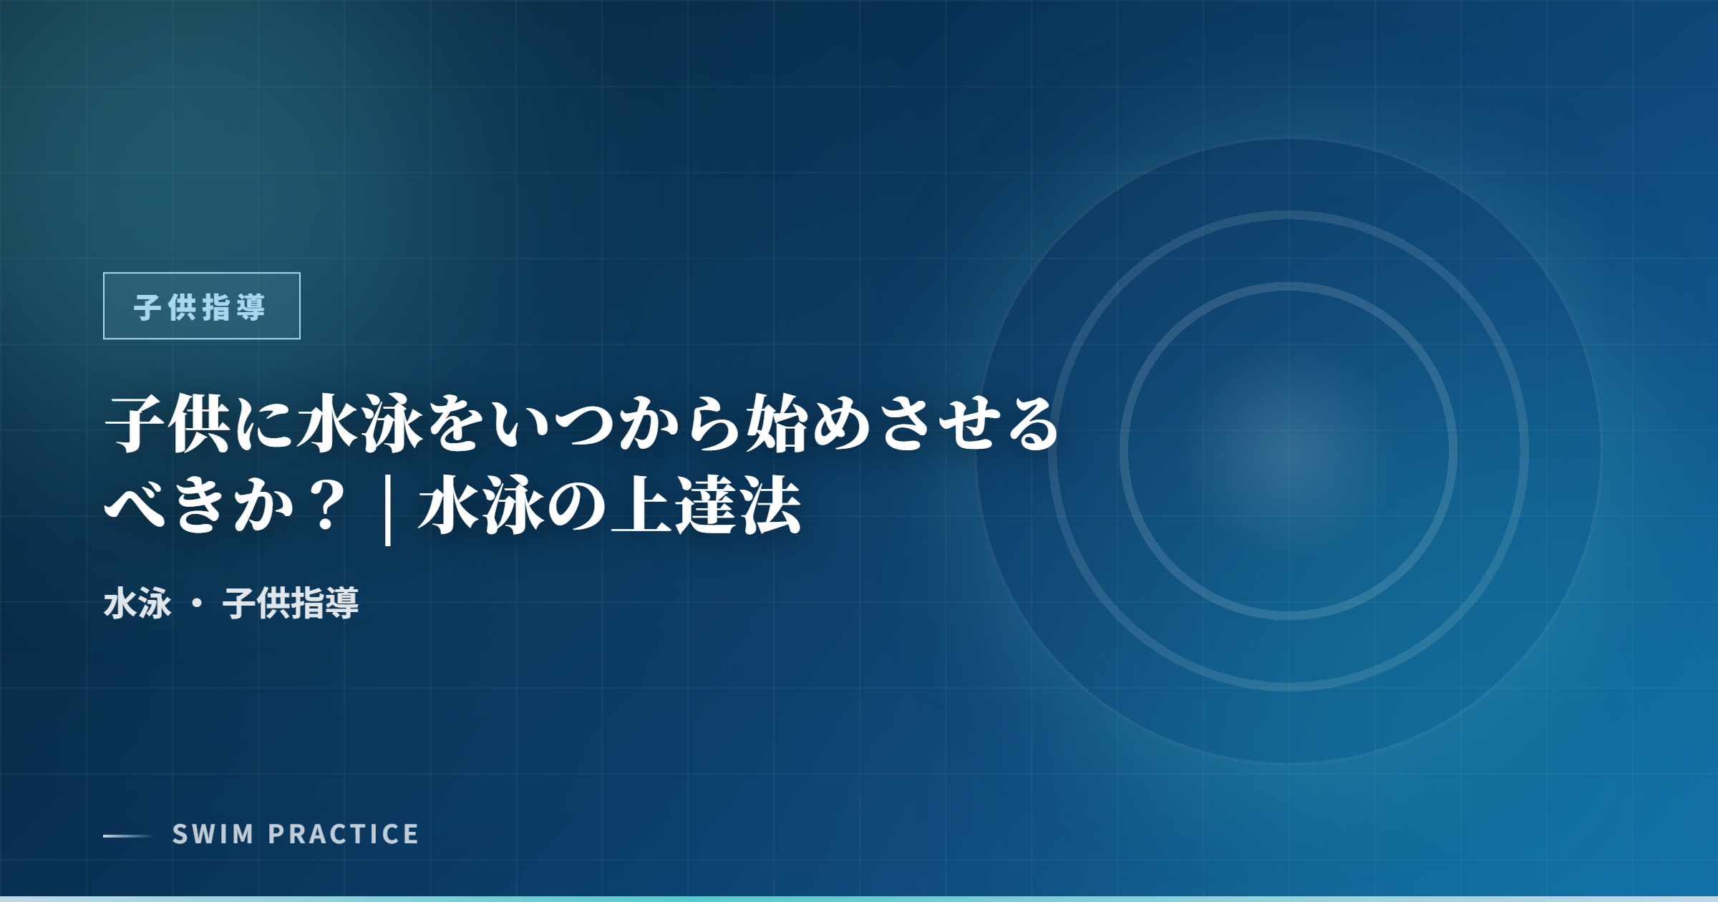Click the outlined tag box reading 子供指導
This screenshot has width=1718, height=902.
click(x=202, y=306)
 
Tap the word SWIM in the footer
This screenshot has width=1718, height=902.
click(x=213, y=834)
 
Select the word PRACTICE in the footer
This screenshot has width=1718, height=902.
click(x=344, y=834)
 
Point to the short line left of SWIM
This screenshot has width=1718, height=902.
click(x=128, y=835)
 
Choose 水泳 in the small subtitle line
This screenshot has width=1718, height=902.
click(x=137, y=603)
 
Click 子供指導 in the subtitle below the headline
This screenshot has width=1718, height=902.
click(x=291, y=603)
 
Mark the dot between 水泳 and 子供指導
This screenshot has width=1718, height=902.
click(x=197, y=603)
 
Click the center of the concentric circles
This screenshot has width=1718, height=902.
click(x=1288, y=451)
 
